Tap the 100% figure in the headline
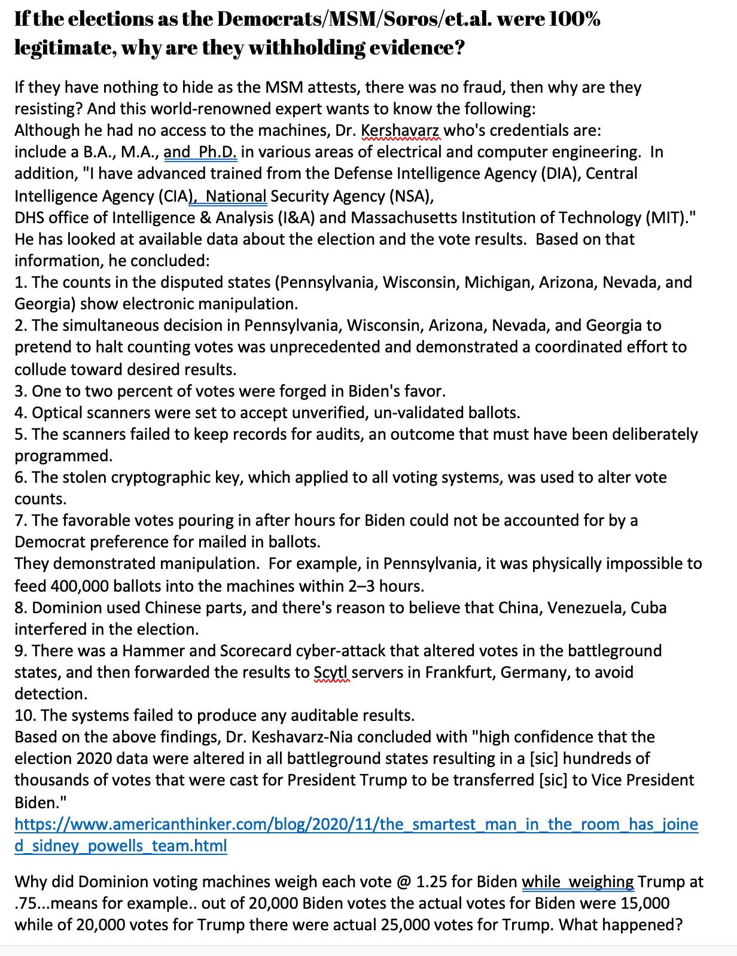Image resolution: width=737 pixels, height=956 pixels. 575,19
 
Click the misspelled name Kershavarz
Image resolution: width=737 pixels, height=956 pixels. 400,130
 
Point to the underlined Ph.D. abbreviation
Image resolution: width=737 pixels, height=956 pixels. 218,152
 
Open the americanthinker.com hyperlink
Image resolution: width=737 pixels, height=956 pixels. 356,824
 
